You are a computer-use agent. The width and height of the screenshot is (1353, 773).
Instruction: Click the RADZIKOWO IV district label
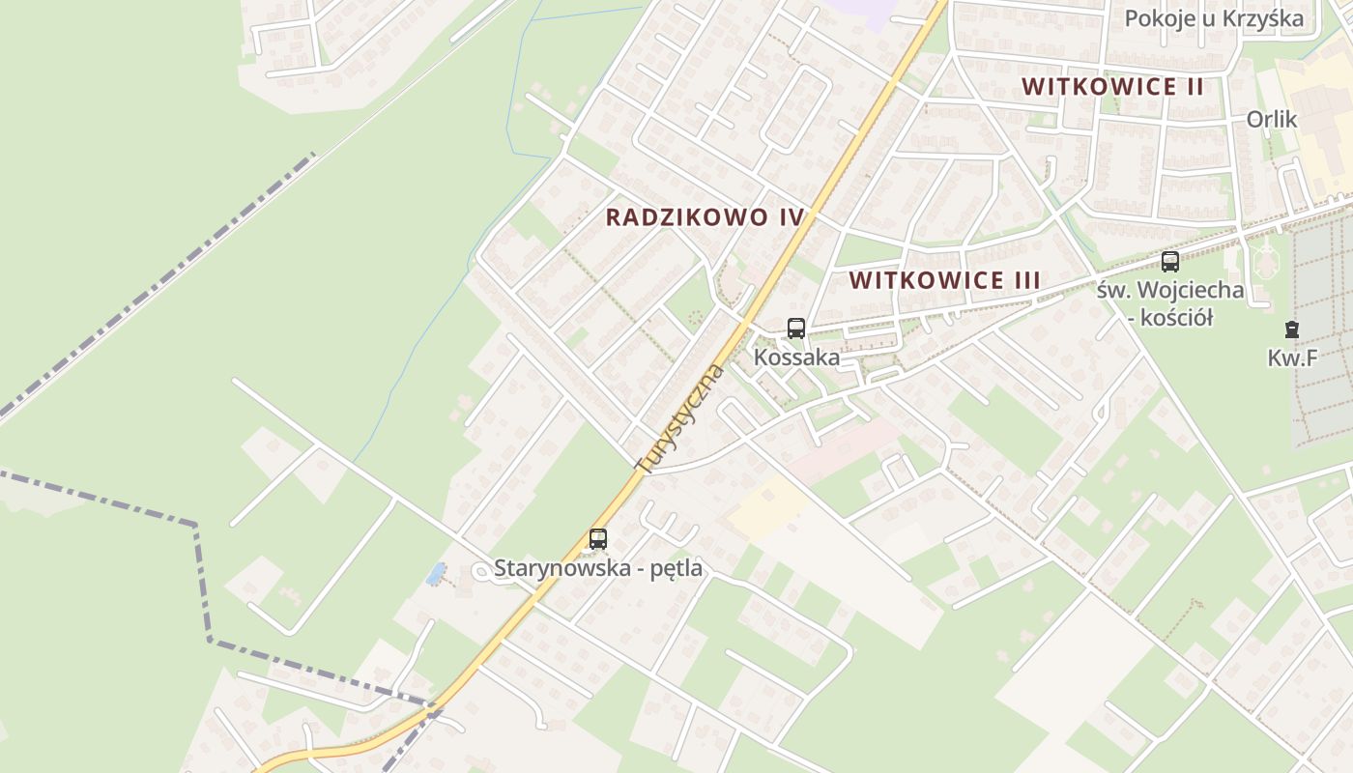[x=705, y=216]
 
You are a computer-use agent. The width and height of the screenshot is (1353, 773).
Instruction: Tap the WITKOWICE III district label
[x=944, y=280]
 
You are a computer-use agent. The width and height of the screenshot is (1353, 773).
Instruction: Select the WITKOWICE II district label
[x=1112, y=86]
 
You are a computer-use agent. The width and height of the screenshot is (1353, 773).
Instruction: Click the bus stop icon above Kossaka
[x=795, y=329]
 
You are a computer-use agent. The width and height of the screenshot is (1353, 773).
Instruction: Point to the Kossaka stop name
[x=796, y=357]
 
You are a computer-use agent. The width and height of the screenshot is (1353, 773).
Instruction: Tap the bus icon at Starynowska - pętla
[x=598, y=539]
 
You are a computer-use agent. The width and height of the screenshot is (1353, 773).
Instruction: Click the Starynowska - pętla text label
[x=598, y=568]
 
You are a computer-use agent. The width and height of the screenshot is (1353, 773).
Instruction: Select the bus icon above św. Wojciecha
[x=1169, y=262]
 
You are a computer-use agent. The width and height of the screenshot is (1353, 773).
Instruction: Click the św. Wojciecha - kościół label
[x=1170, y=302]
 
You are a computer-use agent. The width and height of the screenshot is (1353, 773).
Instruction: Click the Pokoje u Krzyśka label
[x=1214, y=18]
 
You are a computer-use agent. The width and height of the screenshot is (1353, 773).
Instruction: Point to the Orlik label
[x=1271, y=119]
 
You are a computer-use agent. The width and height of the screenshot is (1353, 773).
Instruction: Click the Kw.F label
[x=1292, y=358]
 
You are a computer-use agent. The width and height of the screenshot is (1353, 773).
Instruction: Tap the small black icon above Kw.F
[x=1292, y=329]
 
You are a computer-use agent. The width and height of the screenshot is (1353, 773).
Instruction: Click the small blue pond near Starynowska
[x=436, y=574]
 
